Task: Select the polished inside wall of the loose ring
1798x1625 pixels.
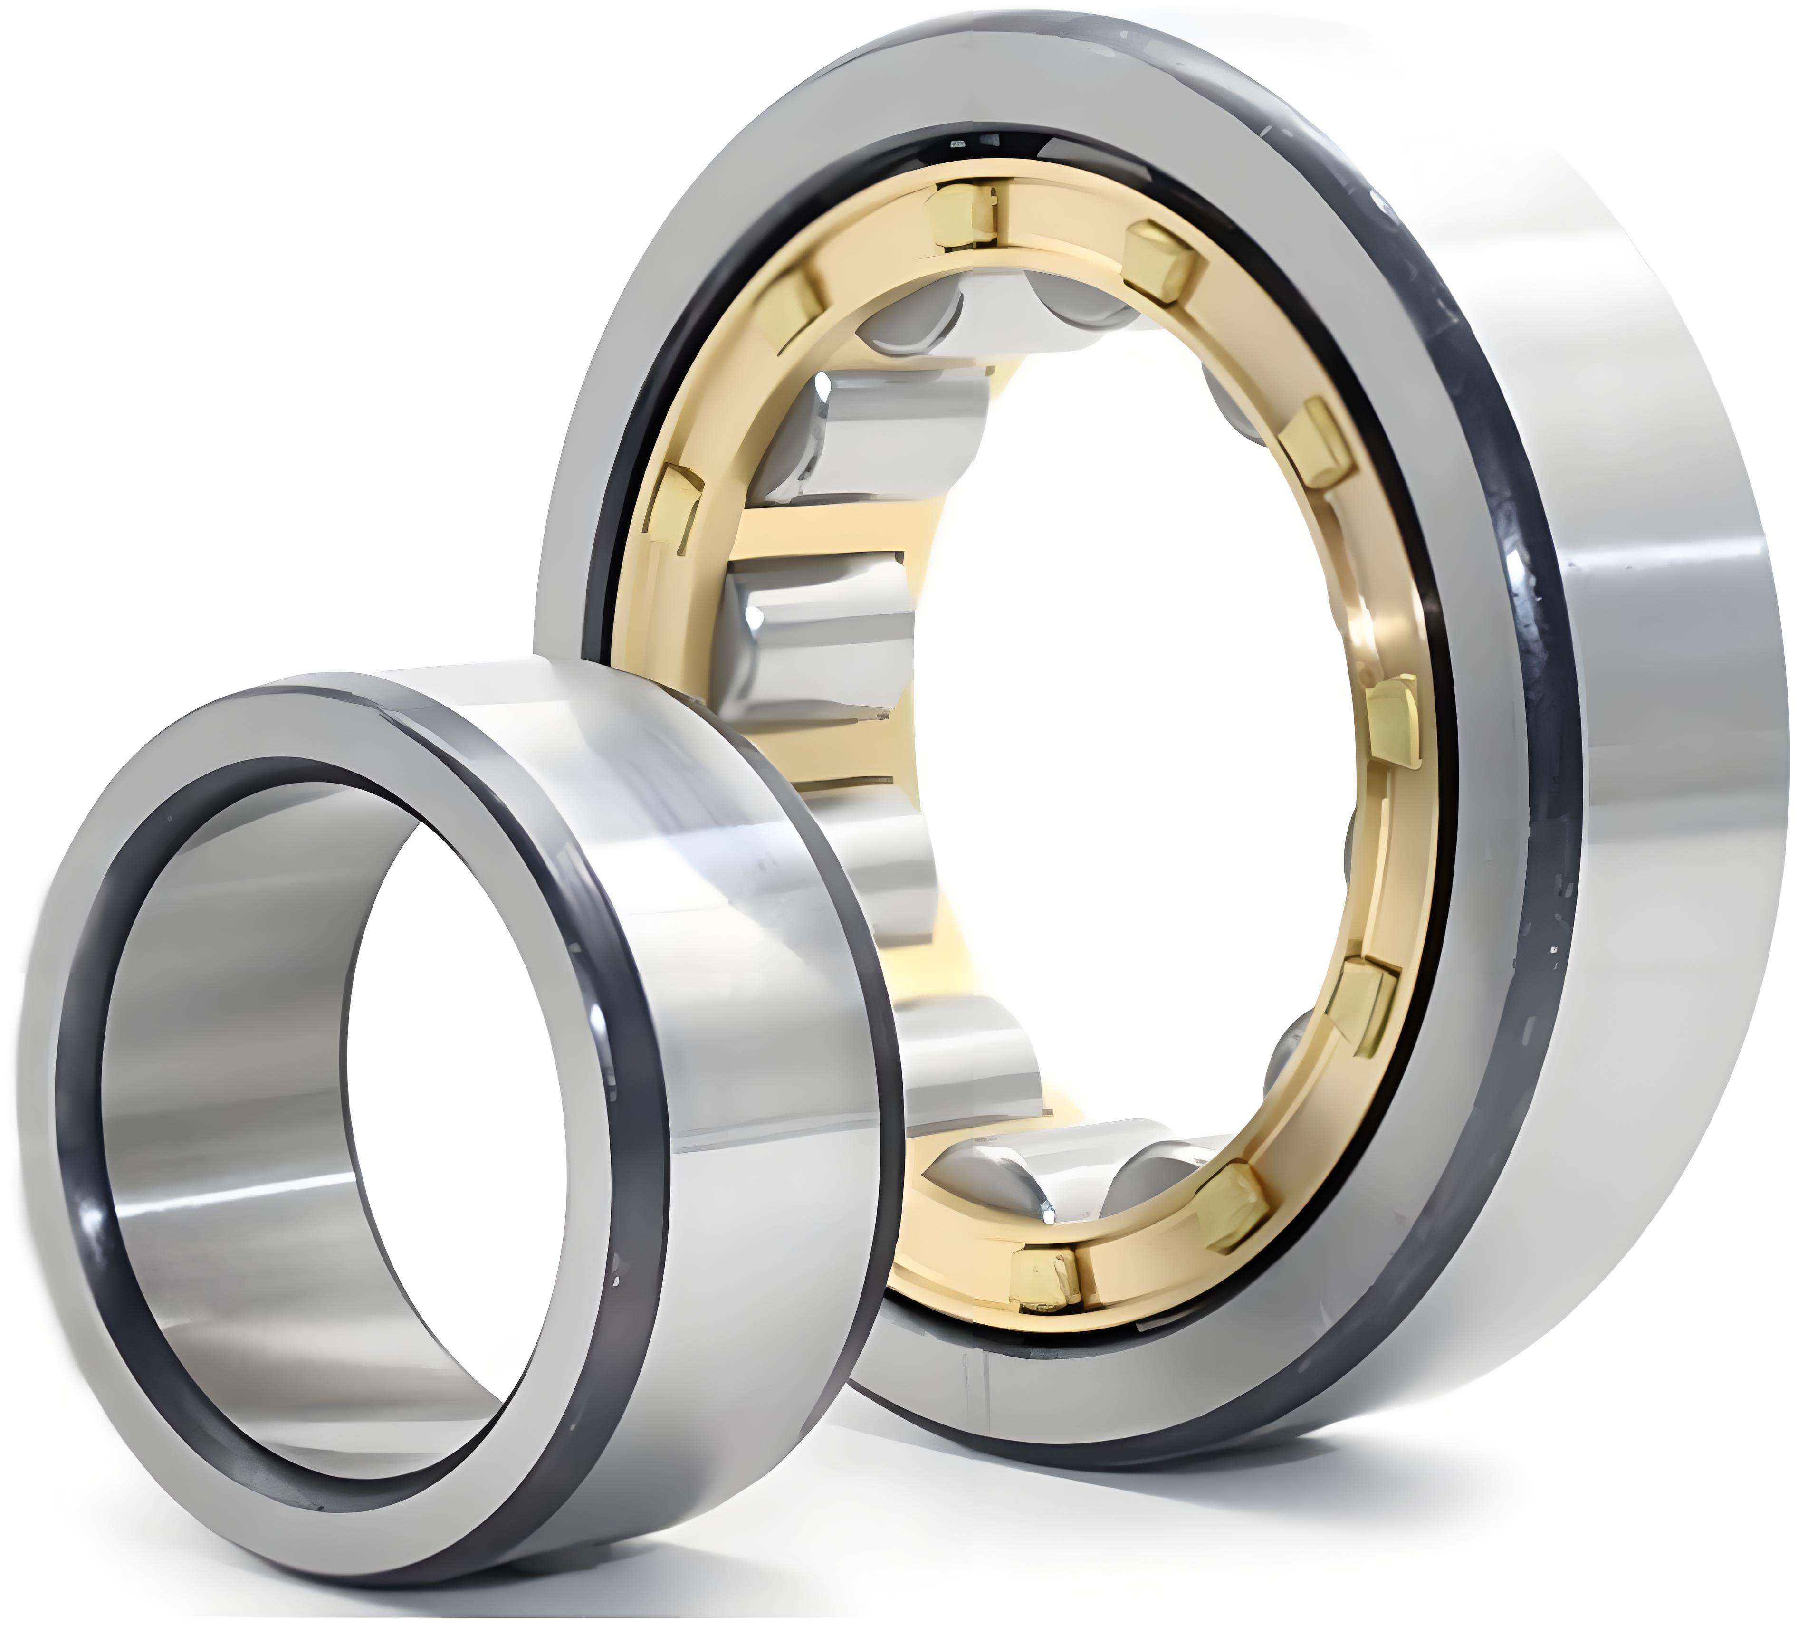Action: tap(223, 1115)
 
